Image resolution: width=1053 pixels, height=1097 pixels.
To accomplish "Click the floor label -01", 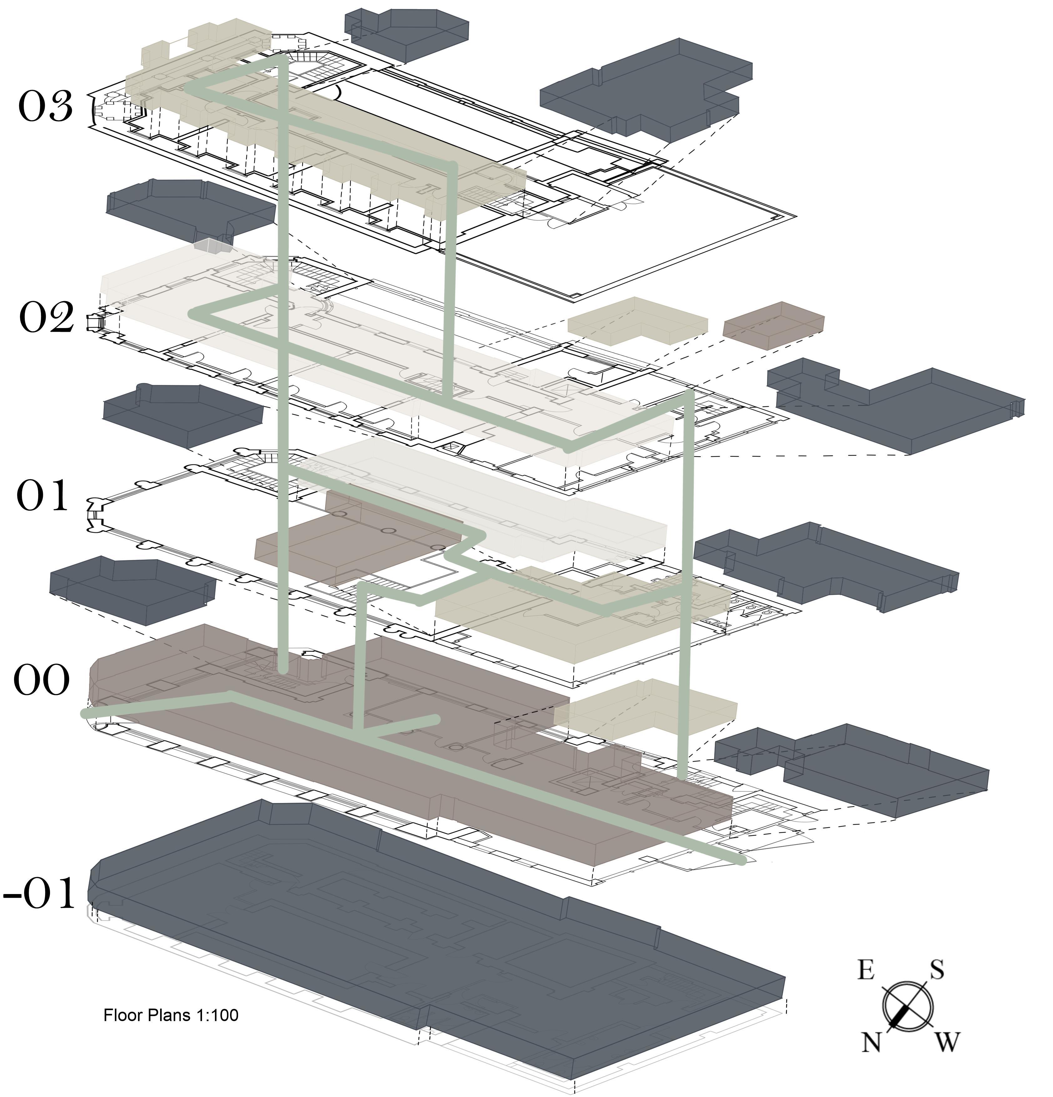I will (x=39, y=894).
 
